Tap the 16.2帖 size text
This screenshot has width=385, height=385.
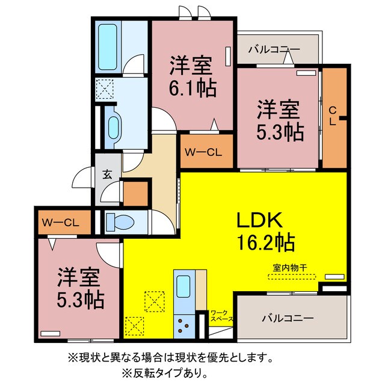265,242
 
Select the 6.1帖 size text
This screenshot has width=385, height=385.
192,89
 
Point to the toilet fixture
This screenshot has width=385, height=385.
120,223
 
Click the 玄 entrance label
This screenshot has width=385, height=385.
106,174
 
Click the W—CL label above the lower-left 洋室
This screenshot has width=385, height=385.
61,222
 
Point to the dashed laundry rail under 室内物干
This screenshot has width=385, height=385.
291,276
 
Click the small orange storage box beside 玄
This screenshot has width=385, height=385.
135,192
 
